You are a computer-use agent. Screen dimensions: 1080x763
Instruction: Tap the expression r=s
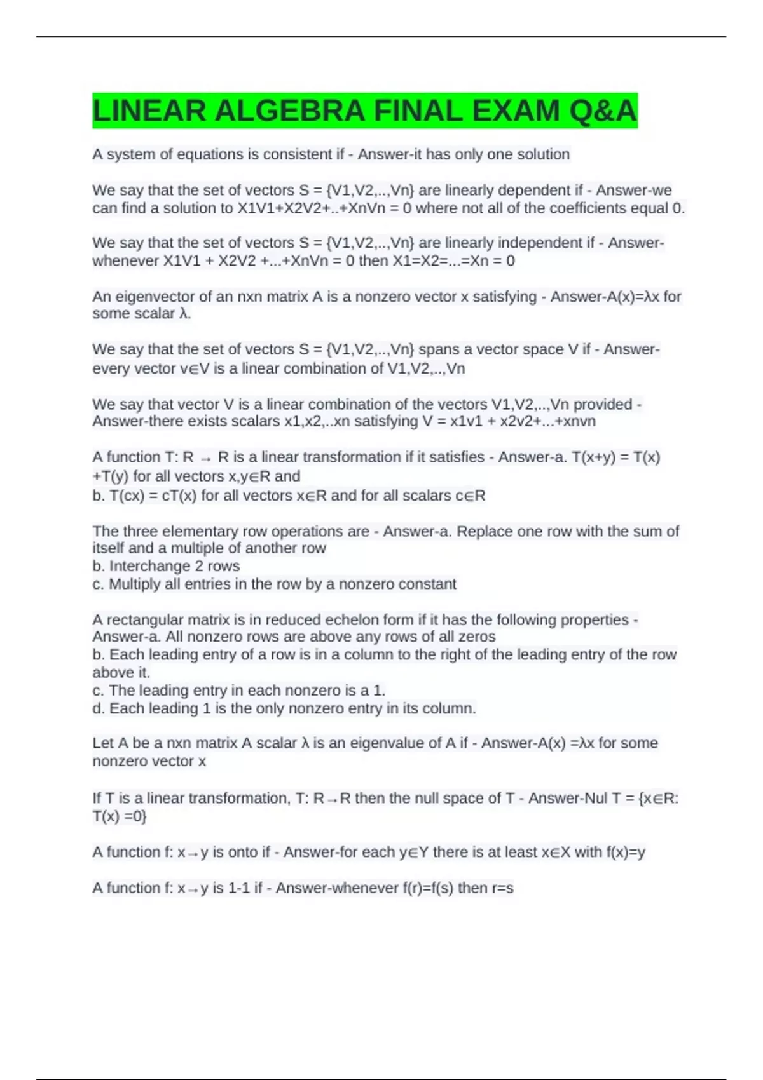(502, 888)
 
